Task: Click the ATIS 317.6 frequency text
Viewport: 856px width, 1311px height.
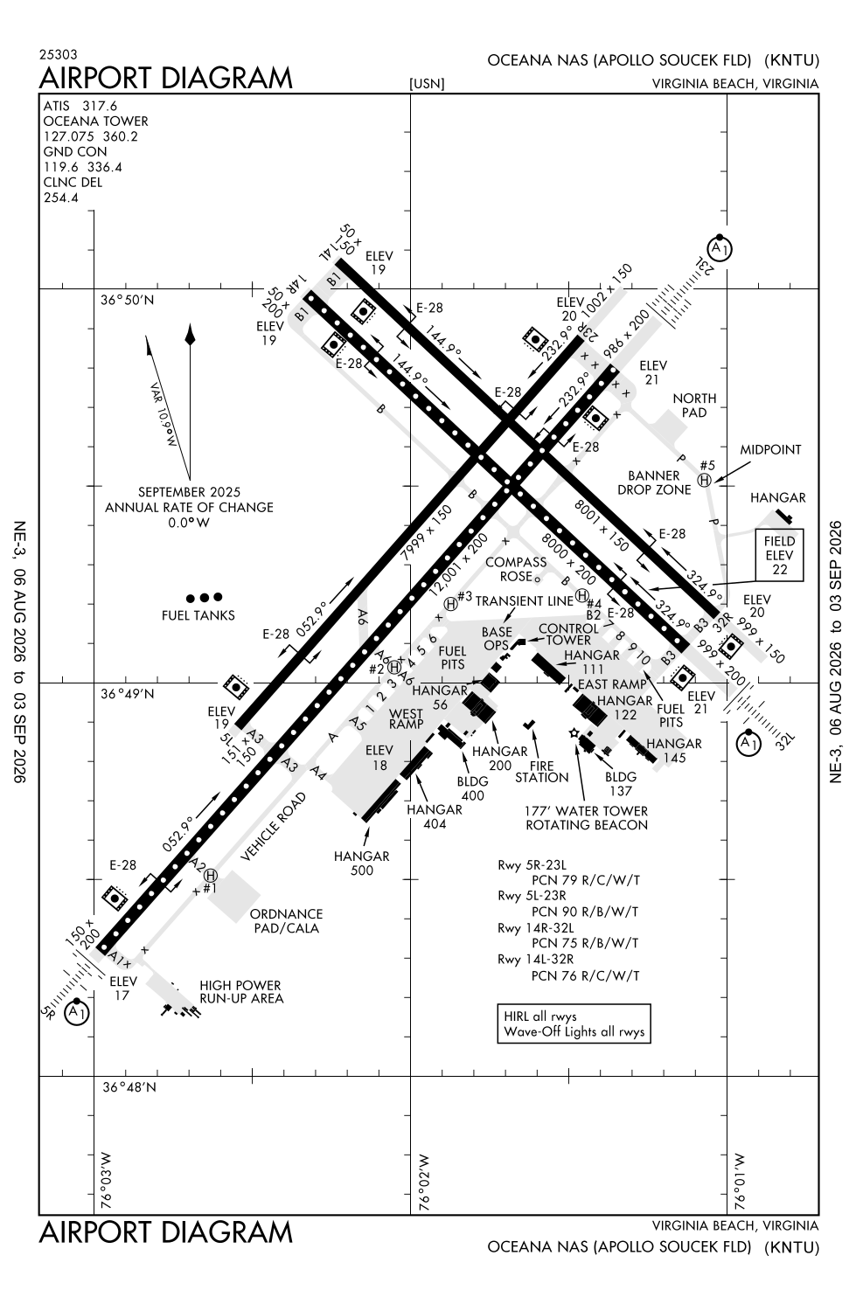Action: (x=80, y=106)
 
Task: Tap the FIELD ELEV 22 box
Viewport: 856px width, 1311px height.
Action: (x=779, y=555)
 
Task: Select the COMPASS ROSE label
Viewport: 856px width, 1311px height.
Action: (x=516, y=569)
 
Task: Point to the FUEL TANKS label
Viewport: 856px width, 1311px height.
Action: (x=198, y=615)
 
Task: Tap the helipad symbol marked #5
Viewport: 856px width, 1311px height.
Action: (x=705, y=481)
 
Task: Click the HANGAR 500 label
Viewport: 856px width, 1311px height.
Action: (x=362, y=864)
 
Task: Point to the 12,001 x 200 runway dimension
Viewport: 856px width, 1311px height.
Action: (x=458, y=565)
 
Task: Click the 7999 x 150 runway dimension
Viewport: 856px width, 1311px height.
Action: (x=427, y=532)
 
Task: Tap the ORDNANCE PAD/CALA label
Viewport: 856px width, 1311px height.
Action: (x=286, y=920)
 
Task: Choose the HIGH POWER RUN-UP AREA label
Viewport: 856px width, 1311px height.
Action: (x=241, y=991)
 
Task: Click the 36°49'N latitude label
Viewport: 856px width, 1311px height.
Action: (x=128, y=694)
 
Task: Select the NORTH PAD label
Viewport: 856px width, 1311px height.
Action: (x=694, y=405)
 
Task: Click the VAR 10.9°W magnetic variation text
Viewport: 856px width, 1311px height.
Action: (x=163, y=414)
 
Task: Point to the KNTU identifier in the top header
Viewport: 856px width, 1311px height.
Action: (x=791, y=60)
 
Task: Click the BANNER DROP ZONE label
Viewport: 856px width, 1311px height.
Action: (x=654, y=482)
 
